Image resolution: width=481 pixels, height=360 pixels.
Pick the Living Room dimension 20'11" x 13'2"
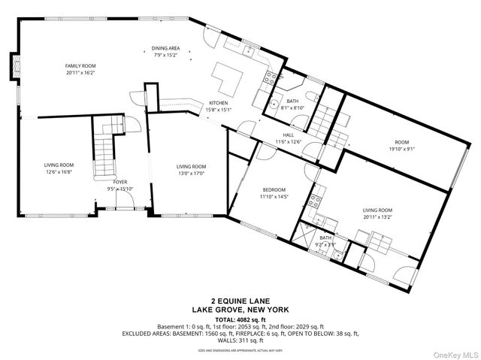378,218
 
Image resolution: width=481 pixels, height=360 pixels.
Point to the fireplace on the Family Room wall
14,66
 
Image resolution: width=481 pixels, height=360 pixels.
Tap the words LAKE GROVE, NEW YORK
240,310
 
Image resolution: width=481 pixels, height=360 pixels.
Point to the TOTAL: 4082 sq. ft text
240,319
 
